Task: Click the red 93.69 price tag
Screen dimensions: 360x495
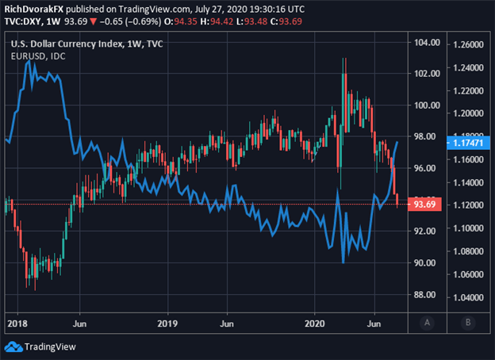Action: coord(421,205)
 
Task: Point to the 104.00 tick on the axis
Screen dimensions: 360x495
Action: coord(422,42)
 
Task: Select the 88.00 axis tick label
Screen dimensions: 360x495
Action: coord(422,295)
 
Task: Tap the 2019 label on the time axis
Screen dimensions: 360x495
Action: coord(167,324)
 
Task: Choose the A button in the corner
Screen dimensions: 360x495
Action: coord(428,323)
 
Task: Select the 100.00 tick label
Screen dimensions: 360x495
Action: coord(422,105)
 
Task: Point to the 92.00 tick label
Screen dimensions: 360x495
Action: coord(422,232)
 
